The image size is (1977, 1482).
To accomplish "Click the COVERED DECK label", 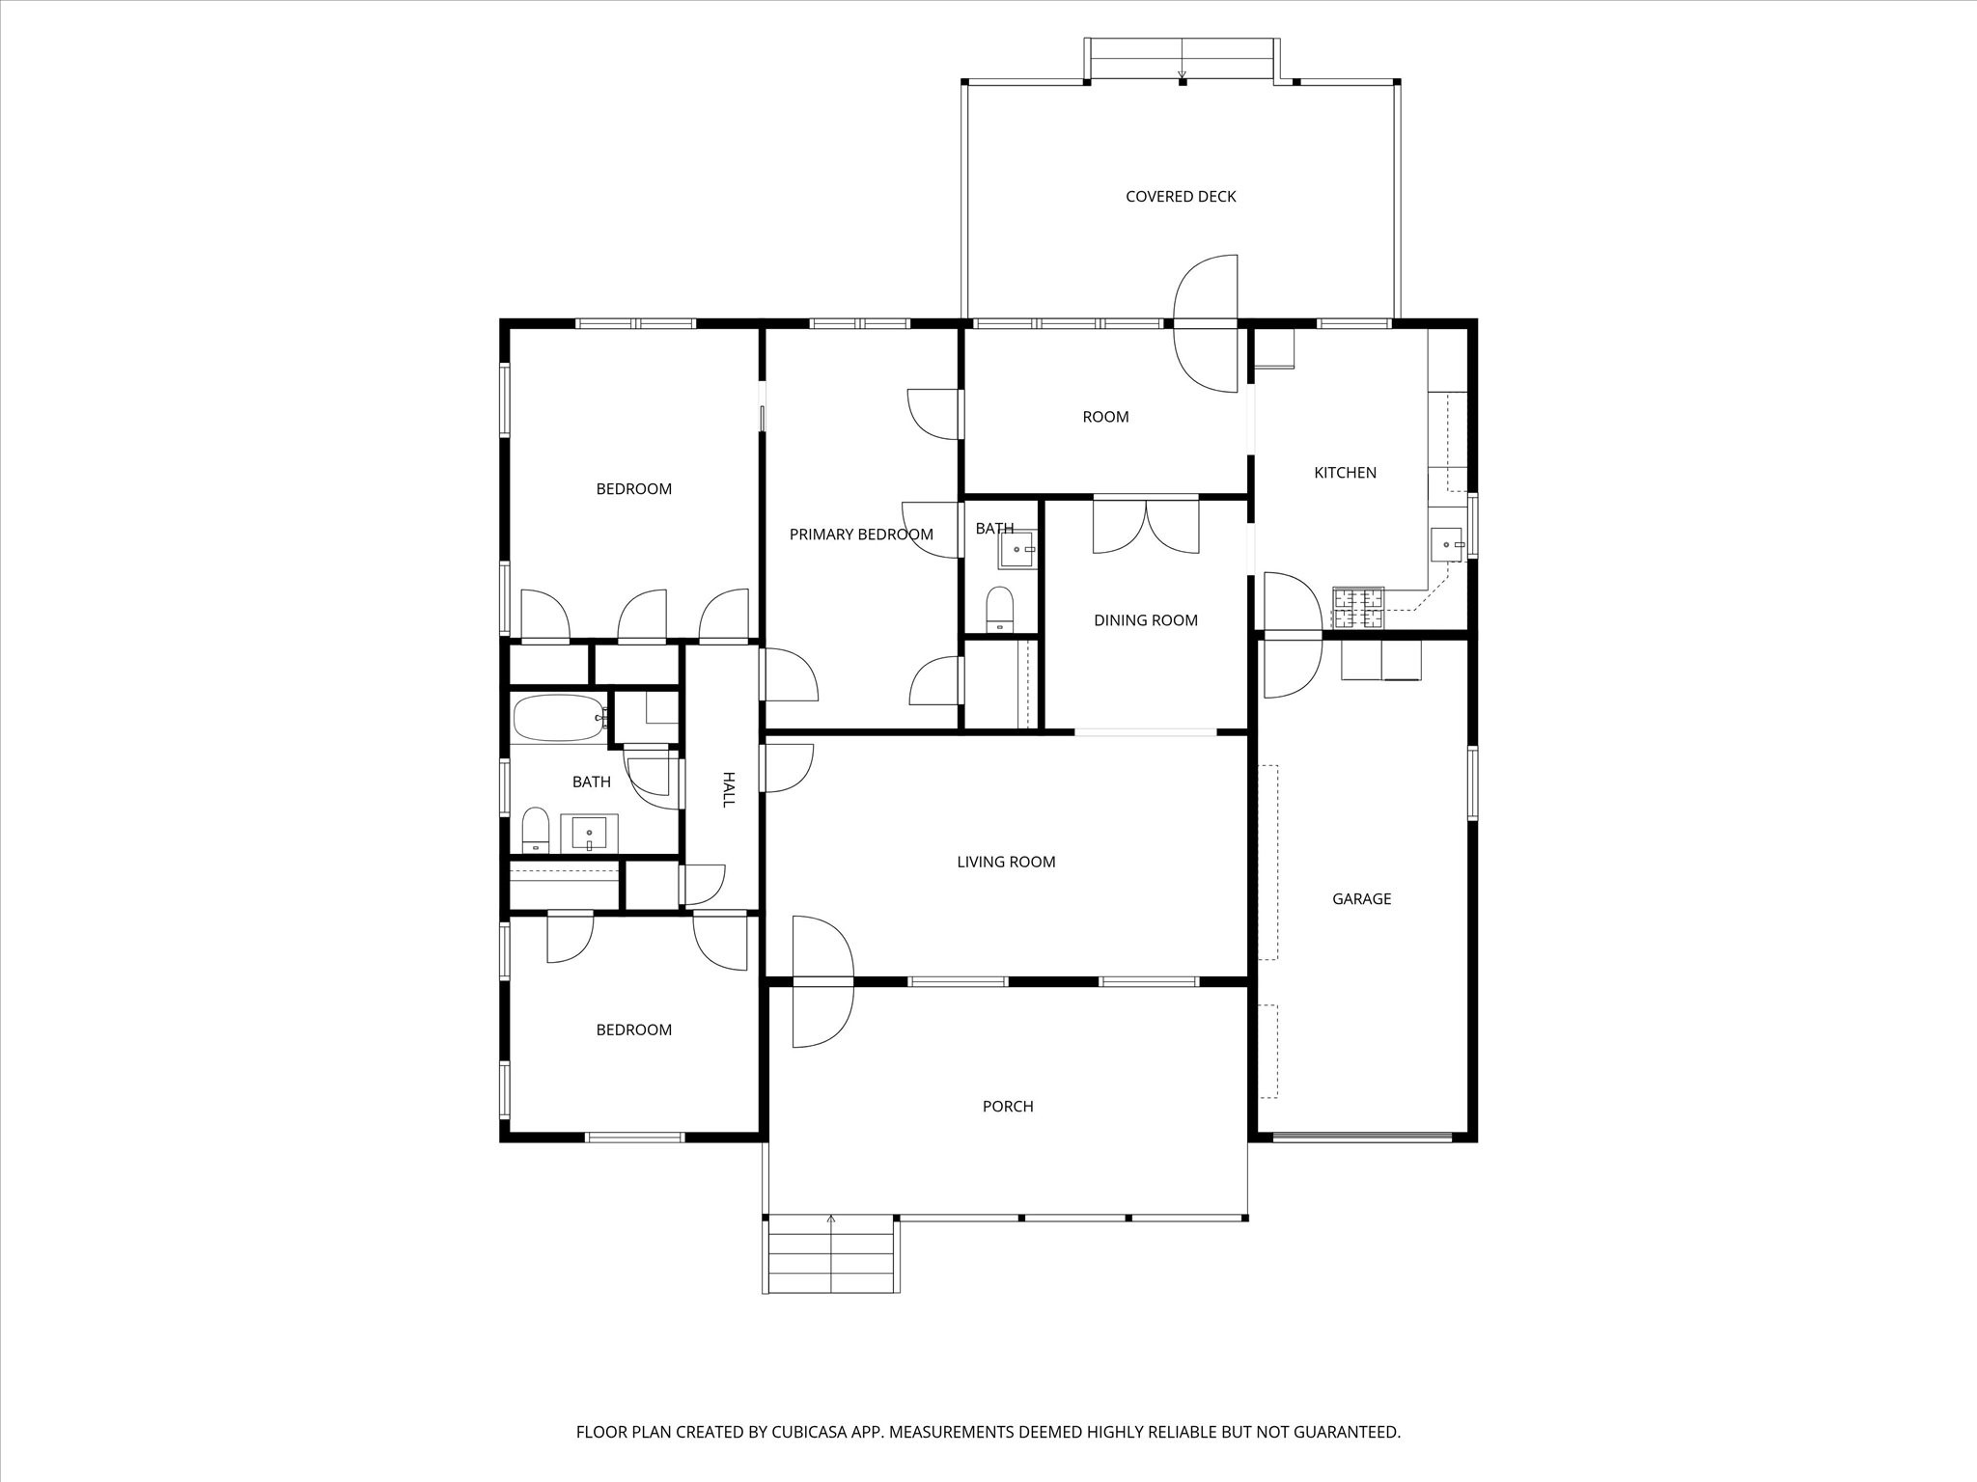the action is click(1181, 197).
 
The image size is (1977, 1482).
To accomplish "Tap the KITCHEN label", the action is click(1345, 473).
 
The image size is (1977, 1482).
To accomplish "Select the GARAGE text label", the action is click(1361, 899).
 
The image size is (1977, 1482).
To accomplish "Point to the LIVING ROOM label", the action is click(1006, 863).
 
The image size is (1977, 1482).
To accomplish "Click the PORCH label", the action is click(1008, 1107).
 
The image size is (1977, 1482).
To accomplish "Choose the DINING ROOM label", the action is click(1146, 621).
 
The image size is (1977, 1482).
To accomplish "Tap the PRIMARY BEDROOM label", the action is click(861, 535).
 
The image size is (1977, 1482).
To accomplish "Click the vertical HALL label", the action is click(729, 789).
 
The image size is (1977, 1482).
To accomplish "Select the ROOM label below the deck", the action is click(1105, 417).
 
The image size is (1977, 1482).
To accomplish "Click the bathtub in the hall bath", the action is click(559, 718).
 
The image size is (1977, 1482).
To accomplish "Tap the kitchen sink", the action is click(1446, 544).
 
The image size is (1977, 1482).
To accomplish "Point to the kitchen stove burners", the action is click(1358, 609).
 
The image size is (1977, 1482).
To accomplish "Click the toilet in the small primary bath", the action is click(1000, 609).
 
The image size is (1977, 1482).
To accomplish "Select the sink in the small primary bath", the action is click(1016, 549).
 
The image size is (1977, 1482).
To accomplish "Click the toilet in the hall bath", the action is click(535, 831).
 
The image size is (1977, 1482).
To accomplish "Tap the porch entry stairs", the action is click(831, 1255).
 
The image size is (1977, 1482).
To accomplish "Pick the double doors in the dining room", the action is click(1146, 526).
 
